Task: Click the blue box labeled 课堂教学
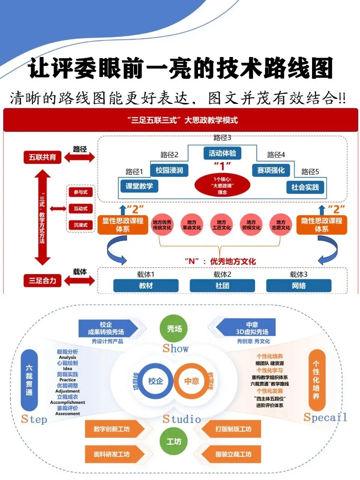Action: [139, 186]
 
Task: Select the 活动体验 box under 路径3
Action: [222, 153]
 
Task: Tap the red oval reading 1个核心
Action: [222, 185]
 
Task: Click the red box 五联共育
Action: [42, 157]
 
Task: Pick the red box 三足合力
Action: [42, 280]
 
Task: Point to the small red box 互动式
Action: [81, 208]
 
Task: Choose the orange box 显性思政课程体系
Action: [123, 225]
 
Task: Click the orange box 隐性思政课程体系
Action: [321, 225]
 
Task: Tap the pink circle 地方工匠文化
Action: [222, 225]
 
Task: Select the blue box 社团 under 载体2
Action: [222, 286]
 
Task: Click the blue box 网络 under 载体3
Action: [298, 286]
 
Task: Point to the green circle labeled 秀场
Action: [174, 329]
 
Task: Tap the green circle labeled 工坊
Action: [174, 442]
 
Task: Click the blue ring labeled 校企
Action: [155, 381]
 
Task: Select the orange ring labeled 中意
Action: [192, 381]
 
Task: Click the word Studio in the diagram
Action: [182, 419]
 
